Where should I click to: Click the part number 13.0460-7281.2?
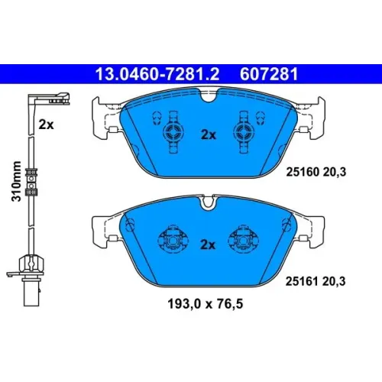click(157, 74)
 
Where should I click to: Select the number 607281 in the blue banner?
click(269, 74)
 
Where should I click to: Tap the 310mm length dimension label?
click(16, 181)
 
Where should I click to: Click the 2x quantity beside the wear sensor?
click(46, 125)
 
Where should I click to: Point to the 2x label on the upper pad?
click(209, 134)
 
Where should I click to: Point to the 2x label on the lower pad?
click(208, 244)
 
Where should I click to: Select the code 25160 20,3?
click(316, 172)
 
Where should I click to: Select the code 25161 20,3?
click(316, 281)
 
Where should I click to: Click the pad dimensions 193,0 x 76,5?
click(206, 304)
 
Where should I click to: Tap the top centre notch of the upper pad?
click(209, 95)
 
